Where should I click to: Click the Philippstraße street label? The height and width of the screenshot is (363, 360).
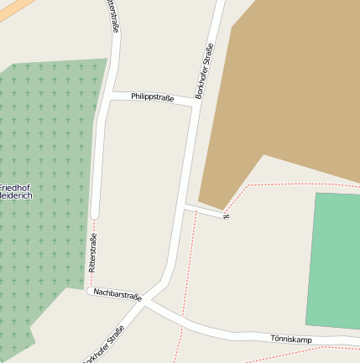[x=152, y=98]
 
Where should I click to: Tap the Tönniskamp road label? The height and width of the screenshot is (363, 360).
[x=291, y=339]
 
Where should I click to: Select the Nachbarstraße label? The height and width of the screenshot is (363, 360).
[x=117, y=294]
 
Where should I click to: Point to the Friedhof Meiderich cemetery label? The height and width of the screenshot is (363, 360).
[x=15, y=190]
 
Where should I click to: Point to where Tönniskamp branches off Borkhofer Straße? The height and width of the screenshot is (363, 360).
[x=149, y=305]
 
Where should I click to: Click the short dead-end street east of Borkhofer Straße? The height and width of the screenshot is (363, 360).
[x=204, y=210]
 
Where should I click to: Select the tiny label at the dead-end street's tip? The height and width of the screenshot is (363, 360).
[x=225, y=215]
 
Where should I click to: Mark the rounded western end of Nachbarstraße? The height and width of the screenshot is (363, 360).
[x=90, y=290]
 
